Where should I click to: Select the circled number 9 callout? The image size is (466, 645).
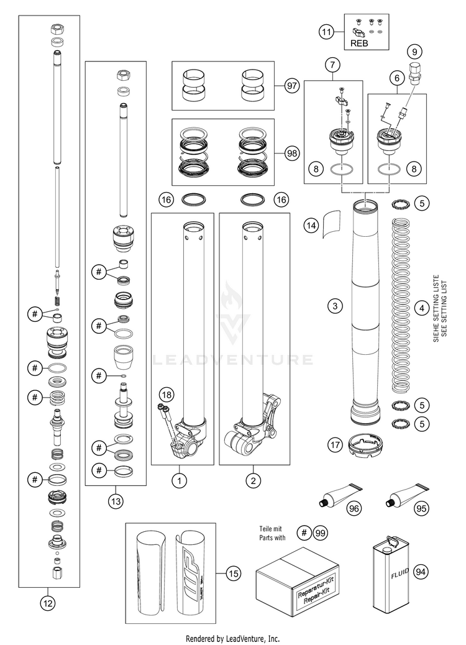click(x=416, y=52)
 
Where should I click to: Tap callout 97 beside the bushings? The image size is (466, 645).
click(x=291, y=86)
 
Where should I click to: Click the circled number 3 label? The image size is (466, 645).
click(x=336, y=306)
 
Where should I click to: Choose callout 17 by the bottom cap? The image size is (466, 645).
click(x=336, y=445)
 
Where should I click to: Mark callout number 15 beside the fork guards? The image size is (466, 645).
click(x=233, y=574)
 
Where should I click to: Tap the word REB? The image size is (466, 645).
click(x=359, y=43)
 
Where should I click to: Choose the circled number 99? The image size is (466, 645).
click(x=321, y=533)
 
